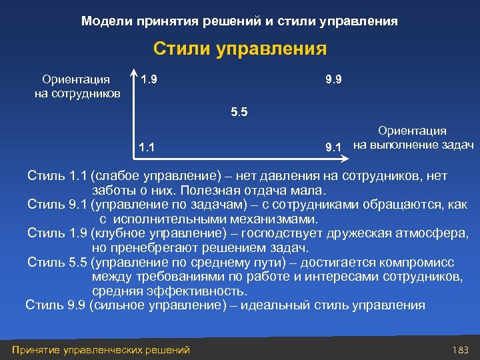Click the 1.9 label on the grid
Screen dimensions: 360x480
coord(149,80)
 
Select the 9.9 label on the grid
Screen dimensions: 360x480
coord(334,80)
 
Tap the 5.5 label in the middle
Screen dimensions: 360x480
coord(239,112)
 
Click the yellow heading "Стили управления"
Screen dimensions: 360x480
coord(240,49)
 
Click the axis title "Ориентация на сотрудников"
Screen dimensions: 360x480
coord(77,86)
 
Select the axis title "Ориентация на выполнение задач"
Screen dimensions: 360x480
coord(413,138)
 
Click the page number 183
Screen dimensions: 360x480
coord(461,349)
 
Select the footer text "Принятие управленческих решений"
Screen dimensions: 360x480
coord(101,349)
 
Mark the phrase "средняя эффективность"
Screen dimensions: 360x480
coord(169,291)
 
